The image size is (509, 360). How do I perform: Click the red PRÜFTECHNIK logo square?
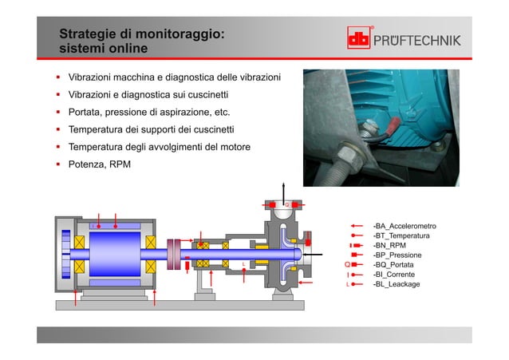click(359, 39)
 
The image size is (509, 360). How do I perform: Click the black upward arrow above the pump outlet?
click(283, 189)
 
